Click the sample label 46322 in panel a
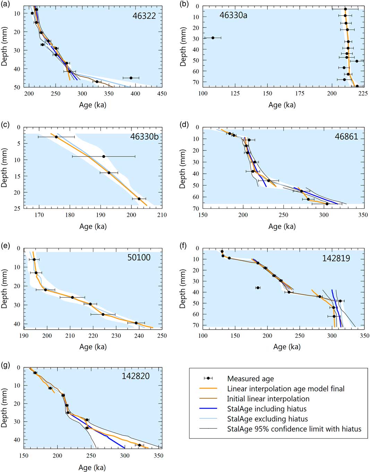pyautogui.click(x=144, y=16)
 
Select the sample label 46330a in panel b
pyautogui.click(x=233, y=15)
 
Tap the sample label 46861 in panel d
pyautogui.click(x=346, y=137)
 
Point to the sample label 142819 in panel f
pyautogui.click(x=336, y=258)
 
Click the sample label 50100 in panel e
pyautogui.click(x=139, y=257)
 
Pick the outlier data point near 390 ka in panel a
pyautogui.click(x=131, y=78)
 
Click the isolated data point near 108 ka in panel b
pyautogui.click(x=213, y=38)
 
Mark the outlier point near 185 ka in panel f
pyautogui.click(x=258, y=288)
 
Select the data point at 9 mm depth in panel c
pyautogui.click(x=103, y=157)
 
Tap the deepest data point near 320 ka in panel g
pyautogui.click(x=139, y=445)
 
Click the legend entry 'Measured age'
pyautogui.click(x=250, y=379)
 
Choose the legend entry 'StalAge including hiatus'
pyautogui.click(x=267, y=409)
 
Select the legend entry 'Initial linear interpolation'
pyautogui.click(x=268, y=399)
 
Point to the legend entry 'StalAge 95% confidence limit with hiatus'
pyautogui.click(x=294, y=429)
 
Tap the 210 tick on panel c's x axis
pyautogui.click(x=162, y=215)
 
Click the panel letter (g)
pyautogui.click(x=6, y=365)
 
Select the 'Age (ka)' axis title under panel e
pyautogui.click(x=93, y=347)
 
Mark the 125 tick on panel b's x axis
pyautogui.click(x=235, y=93)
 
